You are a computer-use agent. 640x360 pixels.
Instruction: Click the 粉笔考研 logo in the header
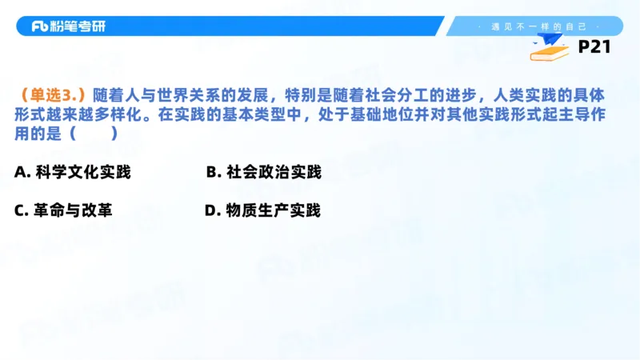pyautogui.click(x=68, y=26)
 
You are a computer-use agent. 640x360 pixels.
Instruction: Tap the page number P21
pyautogui.click(x=594, y=47)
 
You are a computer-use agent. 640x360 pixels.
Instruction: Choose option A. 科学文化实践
pyautogui.click(x=72, y=172)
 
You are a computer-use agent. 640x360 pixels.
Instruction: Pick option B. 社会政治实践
pyautogui.click(x=263, y=172)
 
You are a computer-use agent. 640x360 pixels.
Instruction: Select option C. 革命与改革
pyautogui.click(x=63, y=210)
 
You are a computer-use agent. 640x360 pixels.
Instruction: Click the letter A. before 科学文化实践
pyautogui.click(x=22, y=172)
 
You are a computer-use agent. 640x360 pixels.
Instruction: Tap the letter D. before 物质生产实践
pyautogui.click(x=212, y=210)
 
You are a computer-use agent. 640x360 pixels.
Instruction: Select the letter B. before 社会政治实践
pyautogui.click(x=213, y=172)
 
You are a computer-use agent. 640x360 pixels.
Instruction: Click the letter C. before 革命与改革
pyautogui.click(x=22, y=210)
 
